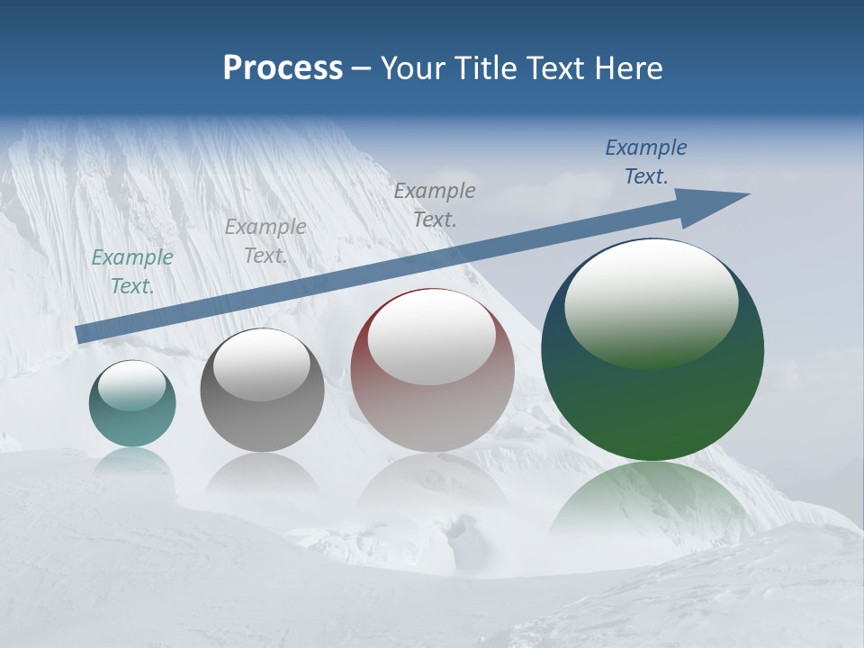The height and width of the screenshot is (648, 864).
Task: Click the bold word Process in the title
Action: (x=283, y=67)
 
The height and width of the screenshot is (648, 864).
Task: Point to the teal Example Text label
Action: (x=131, y=272)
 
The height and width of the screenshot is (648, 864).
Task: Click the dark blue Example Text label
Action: (x=645, y=162)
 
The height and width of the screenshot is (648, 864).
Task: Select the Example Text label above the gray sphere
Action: (x=265, y=241)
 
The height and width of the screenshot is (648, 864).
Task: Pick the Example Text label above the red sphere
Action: (x=434, y=204)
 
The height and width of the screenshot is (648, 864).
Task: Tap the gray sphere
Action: (x=262, y=418)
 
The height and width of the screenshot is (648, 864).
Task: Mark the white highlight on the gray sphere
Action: (x=262, y=364)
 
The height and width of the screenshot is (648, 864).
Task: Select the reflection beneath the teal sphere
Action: (x=132, y=461)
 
